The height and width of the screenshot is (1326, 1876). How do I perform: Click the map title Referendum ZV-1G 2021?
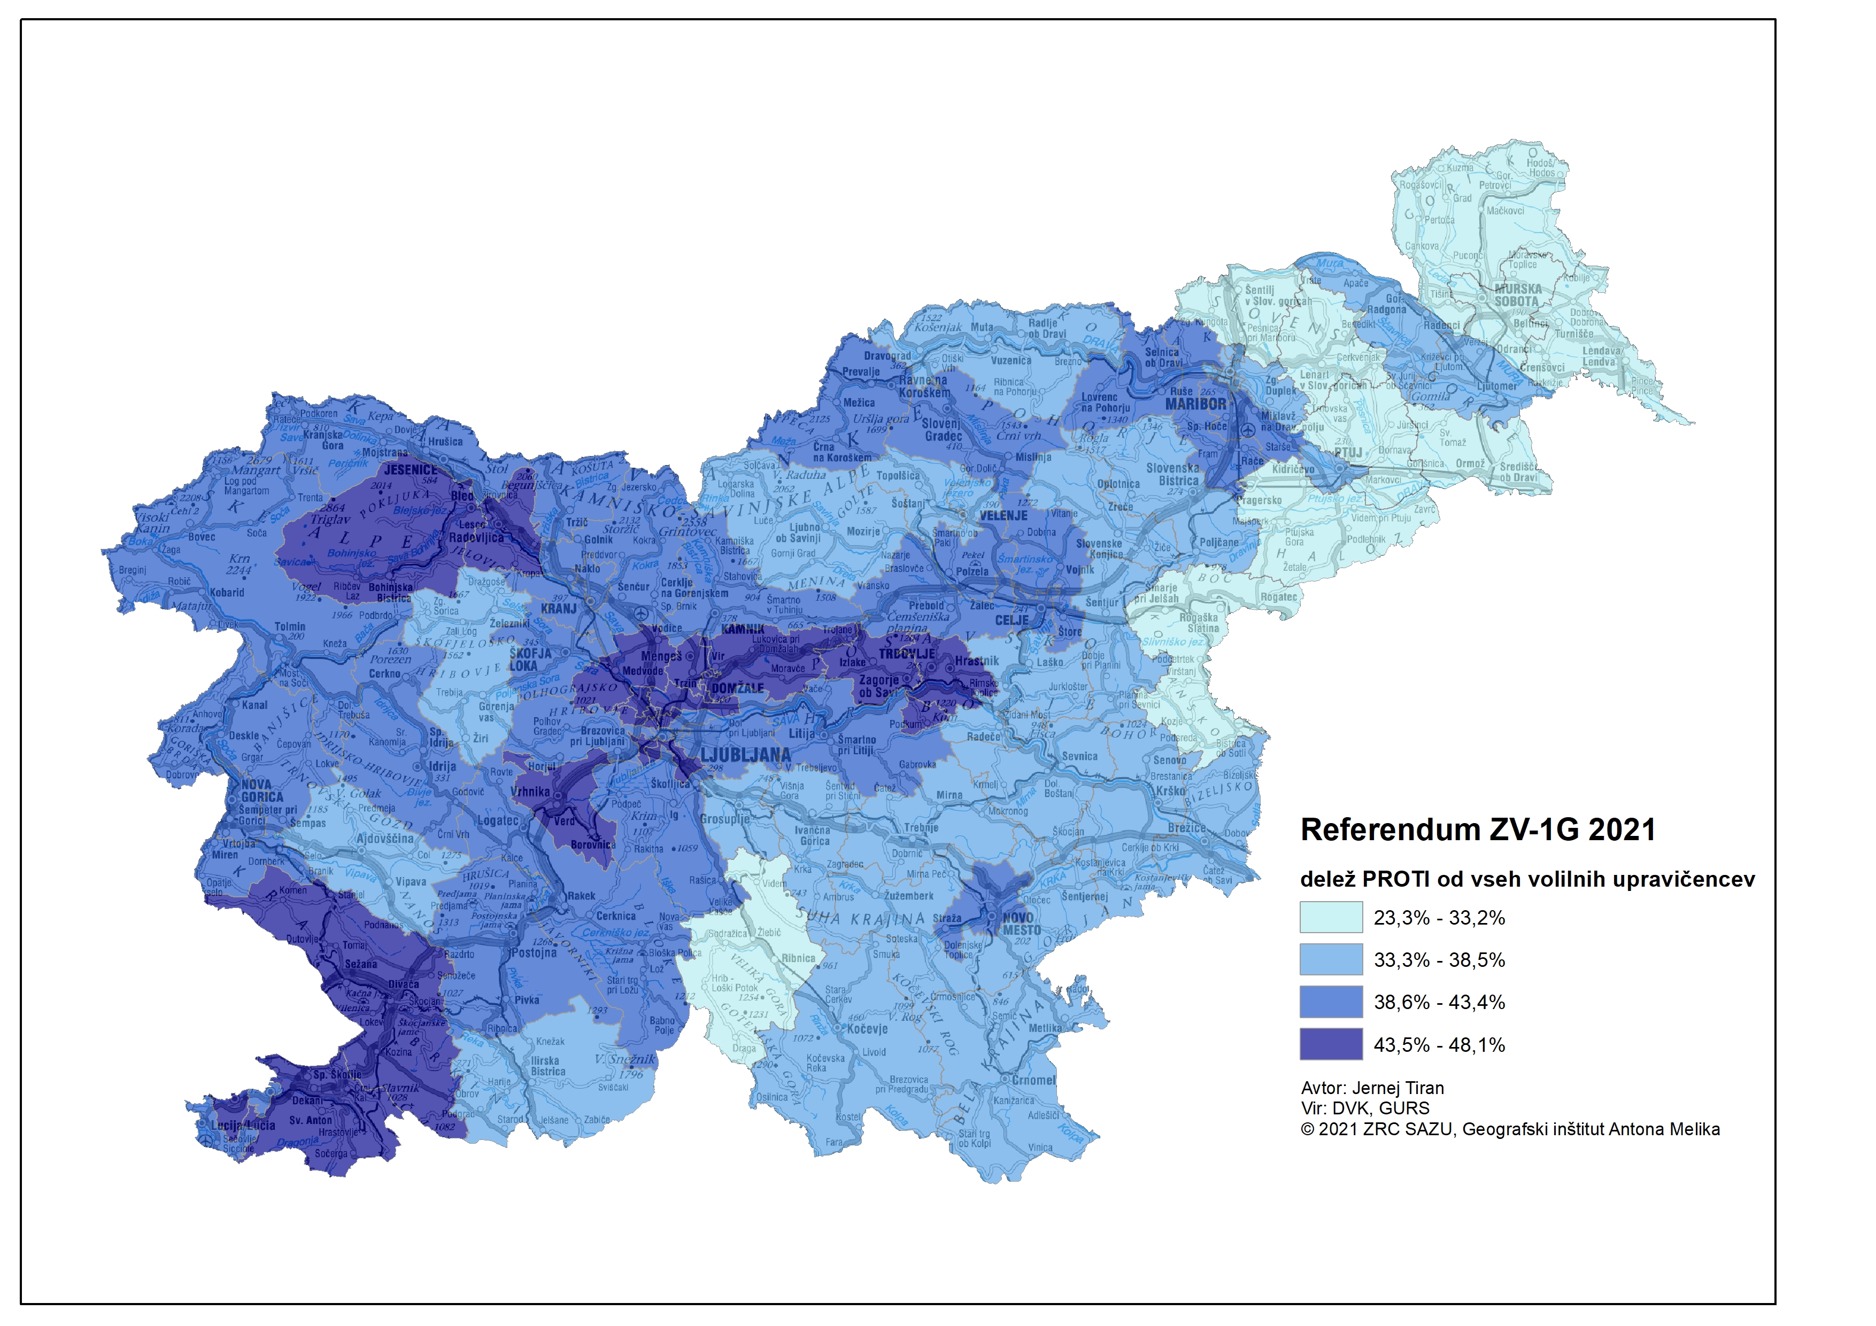point(1477,830)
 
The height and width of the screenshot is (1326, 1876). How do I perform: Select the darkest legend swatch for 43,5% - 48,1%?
point(1331,1044)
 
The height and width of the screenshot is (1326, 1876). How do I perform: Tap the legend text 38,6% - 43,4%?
point(1439,1003)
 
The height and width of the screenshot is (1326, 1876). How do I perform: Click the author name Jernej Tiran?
point(1398,1088)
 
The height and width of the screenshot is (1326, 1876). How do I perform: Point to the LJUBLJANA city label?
point(745,755)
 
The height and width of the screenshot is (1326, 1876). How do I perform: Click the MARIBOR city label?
point(1195,404)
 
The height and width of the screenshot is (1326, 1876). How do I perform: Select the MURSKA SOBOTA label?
point(1517,295)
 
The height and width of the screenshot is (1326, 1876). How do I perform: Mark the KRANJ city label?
point(559,609)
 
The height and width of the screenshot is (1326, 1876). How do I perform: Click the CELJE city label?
point(1012,621)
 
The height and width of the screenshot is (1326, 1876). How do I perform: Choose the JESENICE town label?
point(410,470)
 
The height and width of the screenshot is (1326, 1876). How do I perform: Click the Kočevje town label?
point(867,1029)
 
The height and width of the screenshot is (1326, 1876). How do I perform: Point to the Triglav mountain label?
point(330,519)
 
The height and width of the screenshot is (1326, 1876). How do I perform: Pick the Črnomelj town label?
point(1033,1080)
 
